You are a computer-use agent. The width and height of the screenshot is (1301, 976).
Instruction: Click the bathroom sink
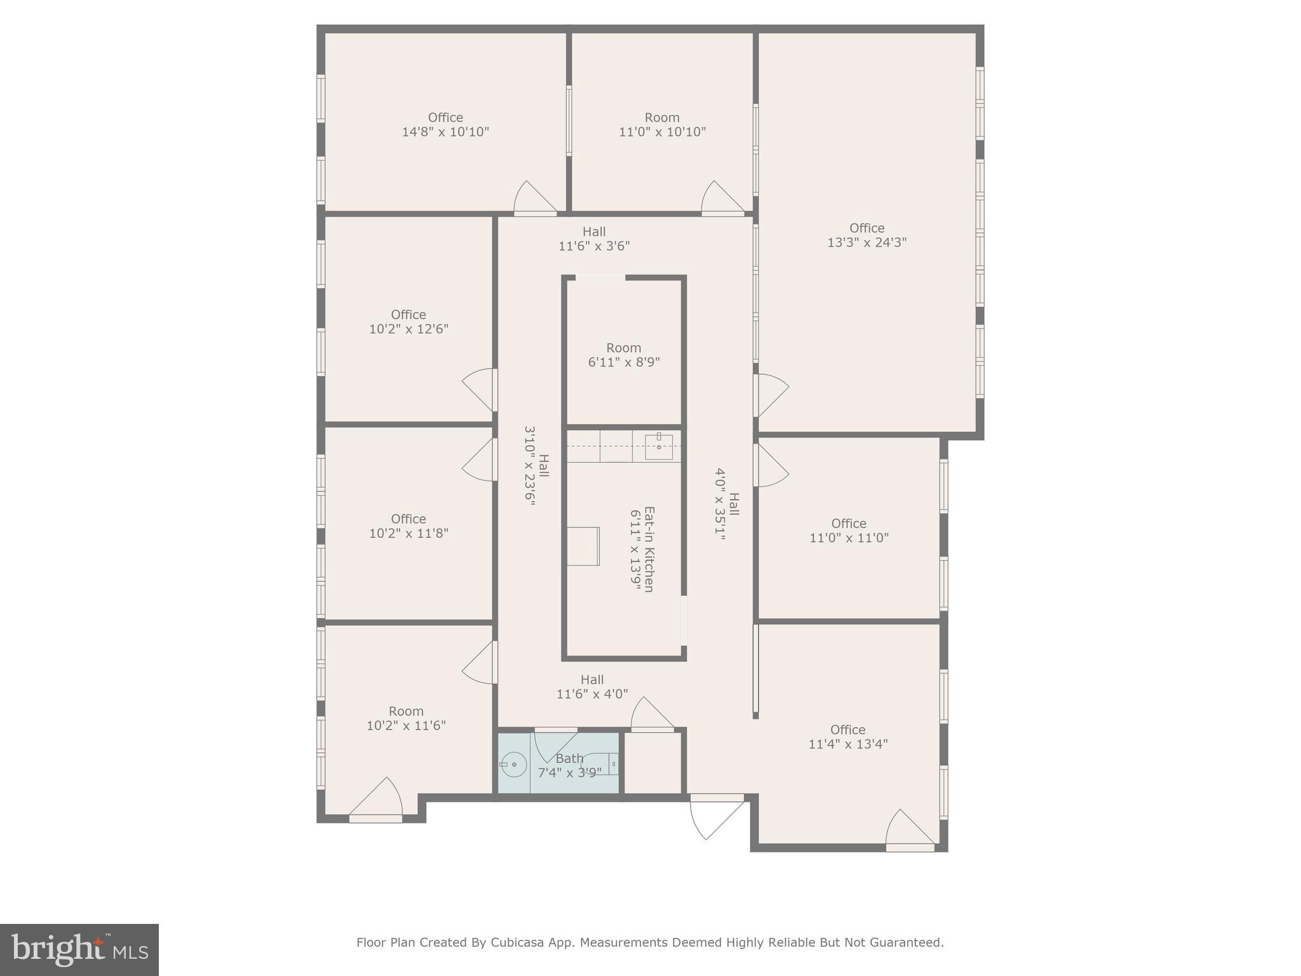click(x=514, y=764)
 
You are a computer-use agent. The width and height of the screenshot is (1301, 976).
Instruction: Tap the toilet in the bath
click(x=603, y=763)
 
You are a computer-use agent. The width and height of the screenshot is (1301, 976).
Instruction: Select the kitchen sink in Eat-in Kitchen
click(x=659, y=447)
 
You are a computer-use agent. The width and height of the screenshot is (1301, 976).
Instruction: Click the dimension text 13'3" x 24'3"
click(x=866, y=242)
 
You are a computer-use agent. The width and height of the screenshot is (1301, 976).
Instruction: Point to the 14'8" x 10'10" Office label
click(x=445, y=125)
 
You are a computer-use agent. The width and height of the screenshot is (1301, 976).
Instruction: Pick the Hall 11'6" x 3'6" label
click(x=594, y=239)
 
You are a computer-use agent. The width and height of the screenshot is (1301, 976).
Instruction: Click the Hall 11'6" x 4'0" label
click(x=592, y=687)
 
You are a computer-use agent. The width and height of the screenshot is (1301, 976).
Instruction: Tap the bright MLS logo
click(x=79, y=950)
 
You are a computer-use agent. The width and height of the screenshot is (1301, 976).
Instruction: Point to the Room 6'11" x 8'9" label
click(x=624, y=355)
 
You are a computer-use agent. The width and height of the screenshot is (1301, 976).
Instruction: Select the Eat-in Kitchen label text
click(x=649, y=549)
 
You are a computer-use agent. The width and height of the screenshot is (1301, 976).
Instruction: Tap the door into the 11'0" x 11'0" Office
click(x=771, y=465)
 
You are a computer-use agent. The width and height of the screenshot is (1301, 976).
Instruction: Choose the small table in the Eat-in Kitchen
click(x=583, y=546)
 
